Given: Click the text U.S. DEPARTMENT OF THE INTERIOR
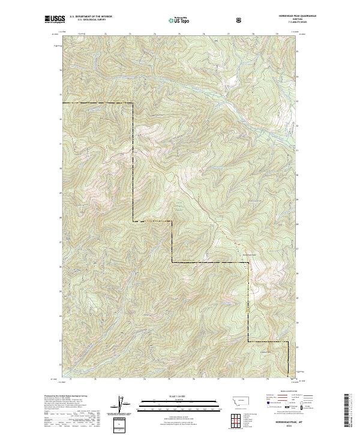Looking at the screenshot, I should pyautogui.click(x=91, y=16).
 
